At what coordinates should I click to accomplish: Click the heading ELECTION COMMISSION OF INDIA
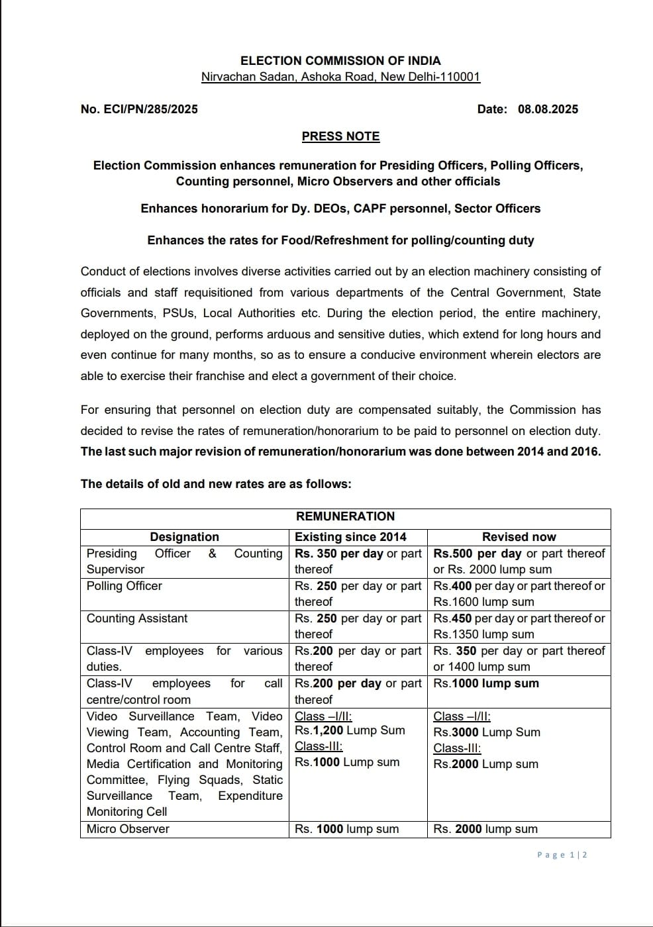[x=340, y=60]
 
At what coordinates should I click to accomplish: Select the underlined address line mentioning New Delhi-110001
[x=340, y=77]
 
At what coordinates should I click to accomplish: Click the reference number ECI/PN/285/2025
[x=139, y=109]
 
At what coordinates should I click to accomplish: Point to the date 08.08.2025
[x=548, y=109]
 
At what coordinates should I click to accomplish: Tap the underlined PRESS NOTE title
[x=340, y=136]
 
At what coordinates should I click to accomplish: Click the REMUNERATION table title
[x=345, y=516]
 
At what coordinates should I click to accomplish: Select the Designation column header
[x=184, y=537]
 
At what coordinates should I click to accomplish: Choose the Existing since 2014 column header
[x=350, y=537]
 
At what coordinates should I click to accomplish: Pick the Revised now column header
[x=519, y=537]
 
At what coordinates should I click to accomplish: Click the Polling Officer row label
[x=125, y=586]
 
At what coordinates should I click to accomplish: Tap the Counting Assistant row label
[x=137, y=618]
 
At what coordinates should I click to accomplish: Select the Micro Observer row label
[x=128, y=829]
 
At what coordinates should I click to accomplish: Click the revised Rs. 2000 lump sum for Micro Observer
[x=485, y=829]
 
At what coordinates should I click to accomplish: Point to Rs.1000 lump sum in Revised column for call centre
[x=486, y=683]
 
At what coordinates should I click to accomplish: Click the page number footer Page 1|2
[x=562, y=855]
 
